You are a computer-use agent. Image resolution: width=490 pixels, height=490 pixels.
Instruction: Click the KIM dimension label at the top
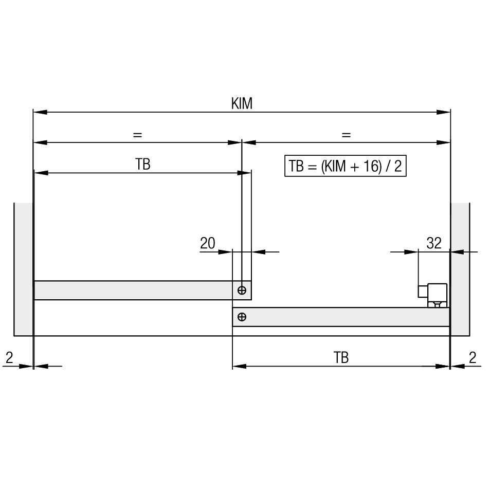pos(242,103)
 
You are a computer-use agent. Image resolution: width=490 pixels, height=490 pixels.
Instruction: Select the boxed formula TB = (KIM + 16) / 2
pos(346,166)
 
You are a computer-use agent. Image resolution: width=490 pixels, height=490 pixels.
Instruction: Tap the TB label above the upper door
pos(143,164)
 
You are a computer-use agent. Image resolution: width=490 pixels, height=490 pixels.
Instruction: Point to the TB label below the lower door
pos(341,357)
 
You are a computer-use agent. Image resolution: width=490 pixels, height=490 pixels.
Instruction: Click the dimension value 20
pos(208,243)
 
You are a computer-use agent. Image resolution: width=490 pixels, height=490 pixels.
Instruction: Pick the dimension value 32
pos(434,243)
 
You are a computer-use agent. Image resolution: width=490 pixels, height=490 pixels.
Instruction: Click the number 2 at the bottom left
pos(9,357)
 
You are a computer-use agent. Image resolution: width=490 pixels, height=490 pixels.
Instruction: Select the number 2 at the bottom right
pos(472,357)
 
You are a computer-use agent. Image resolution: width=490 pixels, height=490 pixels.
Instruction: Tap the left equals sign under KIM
pos(137,135)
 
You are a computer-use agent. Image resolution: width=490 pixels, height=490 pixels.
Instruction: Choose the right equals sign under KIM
pos(346,135)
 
